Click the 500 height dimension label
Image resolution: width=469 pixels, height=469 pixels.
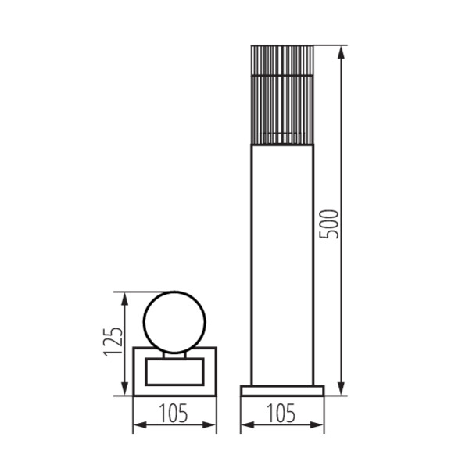[x=329, y=224]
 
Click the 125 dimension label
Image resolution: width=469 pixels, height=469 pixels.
[x=113, y=342]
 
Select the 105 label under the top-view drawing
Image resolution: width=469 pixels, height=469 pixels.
[x=174, y=414]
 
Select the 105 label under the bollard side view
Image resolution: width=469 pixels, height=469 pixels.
[x=281, y=414]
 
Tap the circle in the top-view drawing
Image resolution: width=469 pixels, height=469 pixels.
[x=143, y=322]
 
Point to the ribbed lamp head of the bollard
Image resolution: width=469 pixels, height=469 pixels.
[x=282, y=95]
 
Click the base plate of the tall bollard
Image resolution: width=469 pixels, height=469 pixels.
[x=282, y=391]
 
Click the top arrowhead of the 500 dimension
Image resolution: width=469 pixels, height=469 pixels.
[x=342, y=52]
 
